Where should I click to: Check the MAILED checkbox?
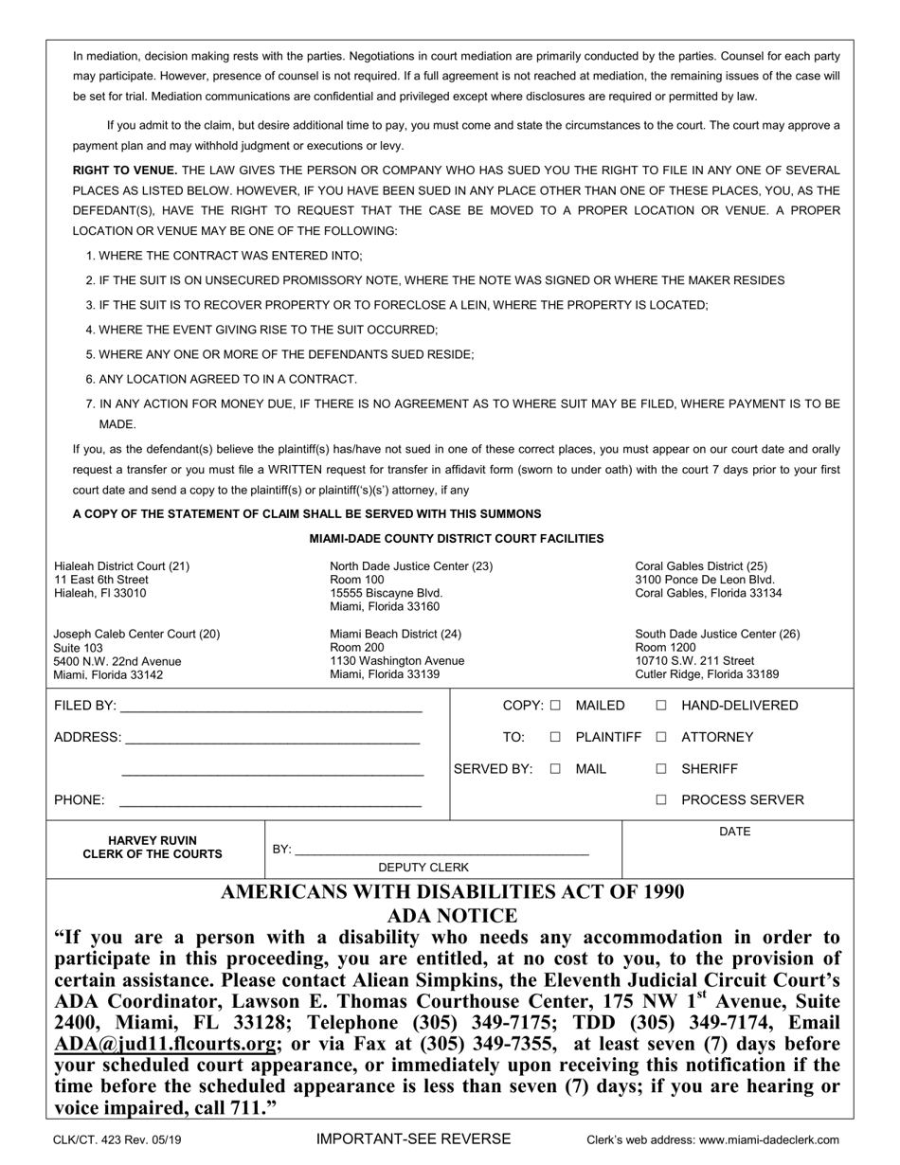tap(555, 706)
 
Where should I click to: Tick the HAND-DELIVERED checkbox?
tap(661, 706)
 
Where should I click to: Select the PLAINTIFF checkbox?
tap(555, 737)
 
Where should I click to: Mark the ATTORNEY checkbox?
tap(661, 737)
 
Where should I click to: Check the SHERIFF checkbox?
tap(661, 769)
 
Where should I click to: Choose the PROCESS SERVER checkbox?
tap(661, 800)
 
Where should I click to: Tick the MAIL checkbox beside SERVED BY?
tap(555, 769)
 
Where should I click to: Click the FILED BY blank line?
tap(270, 708)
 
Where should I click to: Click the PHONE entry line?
tap(270, 803)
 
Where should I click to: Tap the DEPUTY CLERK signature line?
tap(441, 851)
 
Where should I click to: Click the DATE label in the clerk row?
tap(735, 832)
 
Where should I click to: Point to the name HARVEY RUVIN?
tap(153, 840)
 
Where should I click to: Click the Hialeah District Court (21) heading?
tap(121, 566)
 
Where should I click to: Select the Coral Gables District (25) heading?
tap(701, 566)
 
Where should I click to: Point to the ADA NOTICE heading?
tap(452, 916)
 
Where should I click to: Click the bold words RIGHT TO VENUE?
tap(125, 170)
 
